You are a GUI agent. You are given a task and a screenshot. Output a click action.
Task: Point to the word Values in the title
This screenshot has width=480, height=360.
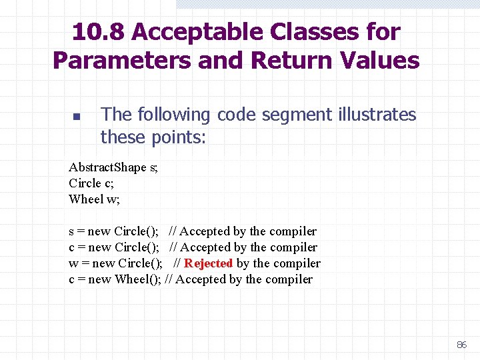click(x=379, y=61)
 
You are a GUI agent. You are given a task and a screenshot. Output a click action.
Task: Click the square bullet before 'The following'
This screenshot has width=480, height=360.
click(x=76, y=117)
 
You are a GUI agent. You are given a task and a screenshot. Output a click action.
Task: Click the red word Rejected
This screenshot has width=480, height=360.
click(x=208, y=263)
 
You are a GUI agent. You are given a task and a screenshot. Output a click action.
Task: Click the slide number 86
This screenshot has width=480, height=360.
click(x=461, y=345)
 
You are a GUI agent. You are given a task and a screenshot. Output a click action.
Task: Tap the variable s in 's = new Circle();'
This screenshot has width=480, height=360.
click(x=71, y=232)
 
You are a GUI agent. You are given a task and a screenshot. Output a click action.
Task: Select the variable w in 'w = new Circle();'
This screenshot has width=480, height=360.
click(x=73, y=263)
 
